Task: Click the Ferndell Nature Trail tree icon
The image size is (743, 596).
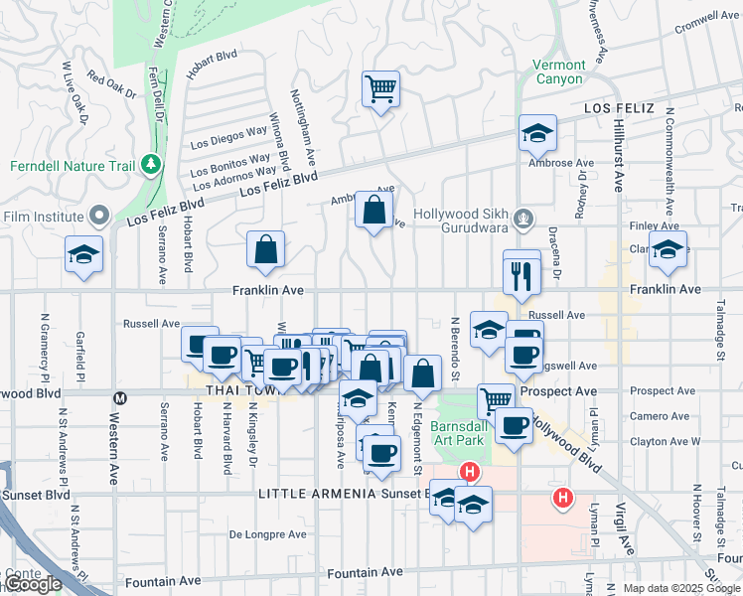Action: pyautogui.click(x=150, y=163)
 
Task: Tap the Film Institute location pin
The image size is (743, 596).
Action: pyautogui.click(x=99, y=216)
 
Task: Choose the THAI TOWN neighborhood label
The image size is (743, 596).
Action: pyautogui.click(x=221, y=389)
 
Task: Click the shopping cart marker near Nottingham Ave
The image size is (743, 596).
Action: pyautogui.click(x=380, y=89)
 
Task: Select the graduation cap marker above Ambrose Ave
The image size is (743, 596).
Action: pyautogui.click(x=537, y=133)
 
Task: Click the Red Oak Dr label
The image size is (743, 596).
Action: pyautogui.click(x=111, y=84)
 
